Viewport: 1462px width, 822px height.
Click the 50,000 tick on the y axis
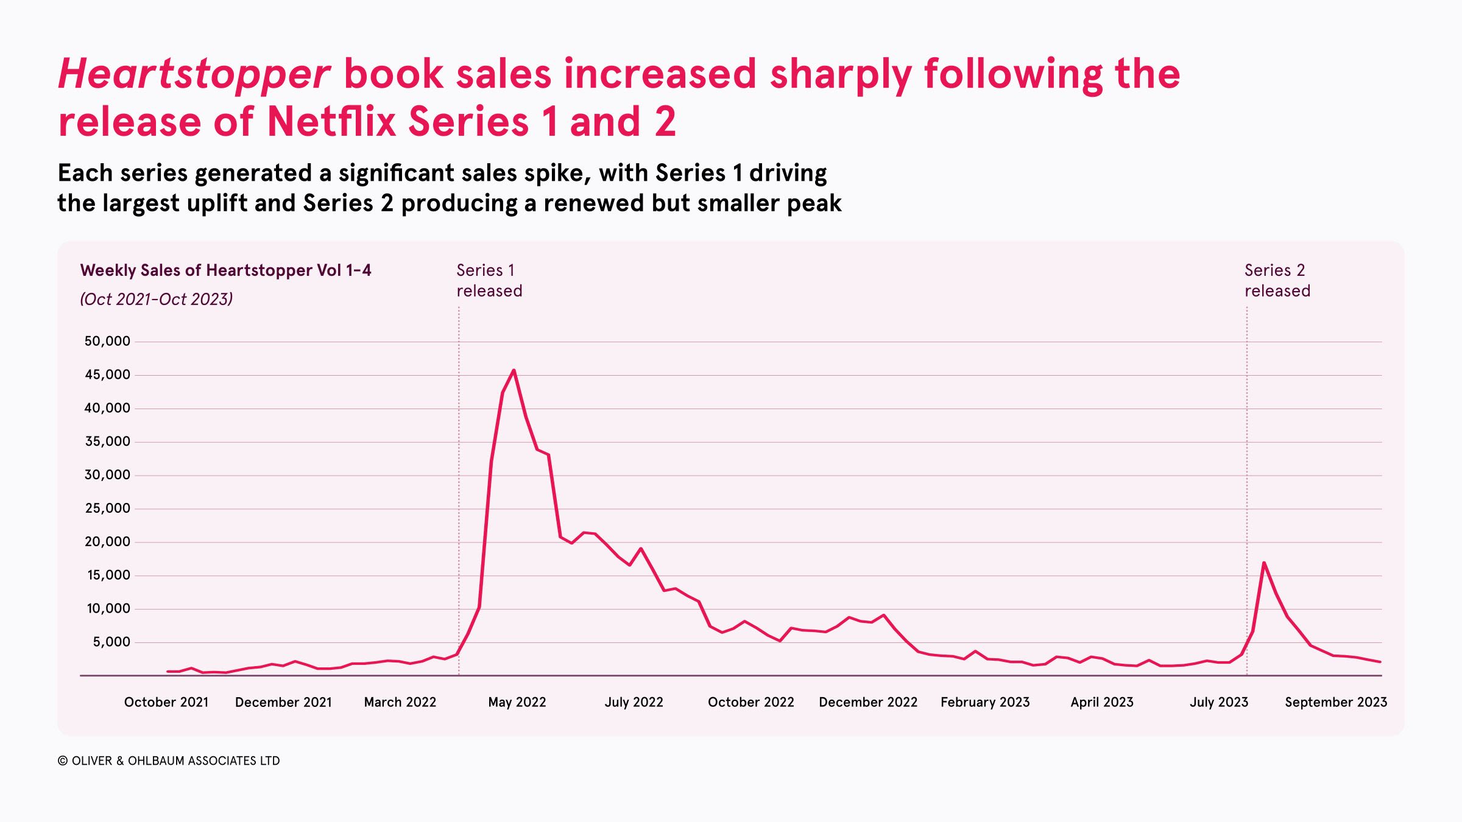107,341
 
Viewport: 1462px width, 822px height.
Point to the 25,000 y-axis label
107,508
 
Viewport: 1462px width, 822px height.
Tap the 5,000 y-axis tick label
111,642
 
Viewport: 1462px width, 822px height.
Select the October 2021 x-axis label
166,702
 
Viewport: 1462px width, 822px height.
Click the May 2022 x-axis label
517,702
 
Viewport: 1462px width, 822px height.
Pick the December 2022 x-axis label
868,702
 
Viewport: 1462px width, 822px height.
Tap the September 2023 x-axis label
1336,702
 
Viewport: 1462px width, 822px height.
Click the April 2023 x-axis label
1102,702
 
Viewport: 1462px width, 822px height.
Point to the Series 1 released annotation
489,280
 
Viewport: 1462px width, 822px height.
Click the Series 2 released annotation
1277,280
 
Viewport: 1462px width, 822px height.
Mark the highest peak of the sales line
514,370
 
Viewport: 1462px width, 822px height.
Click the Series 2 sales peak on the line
1264,563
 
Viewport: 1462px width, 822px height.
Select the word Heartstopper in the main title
194,74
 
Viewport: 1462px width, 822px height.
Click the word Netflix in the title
331,121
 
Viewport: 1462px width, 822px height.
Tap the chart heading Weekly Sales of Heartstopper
225,270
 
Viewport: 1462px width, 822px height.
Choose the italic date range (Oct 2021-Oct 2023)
157,299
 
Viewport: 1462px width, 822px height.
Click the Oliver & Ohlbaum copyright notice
169,761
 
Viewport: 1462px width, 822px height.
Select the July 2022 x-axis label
634,702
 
